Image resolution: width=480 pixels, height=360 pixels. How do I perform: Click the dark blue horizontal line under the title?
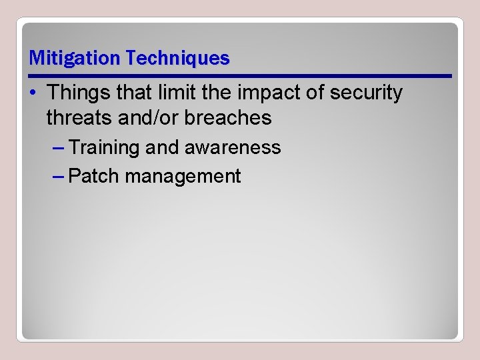click(x=240, y=76)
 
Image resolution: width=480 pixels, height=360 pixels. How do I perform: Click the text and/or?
click(x=140, y=119)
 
